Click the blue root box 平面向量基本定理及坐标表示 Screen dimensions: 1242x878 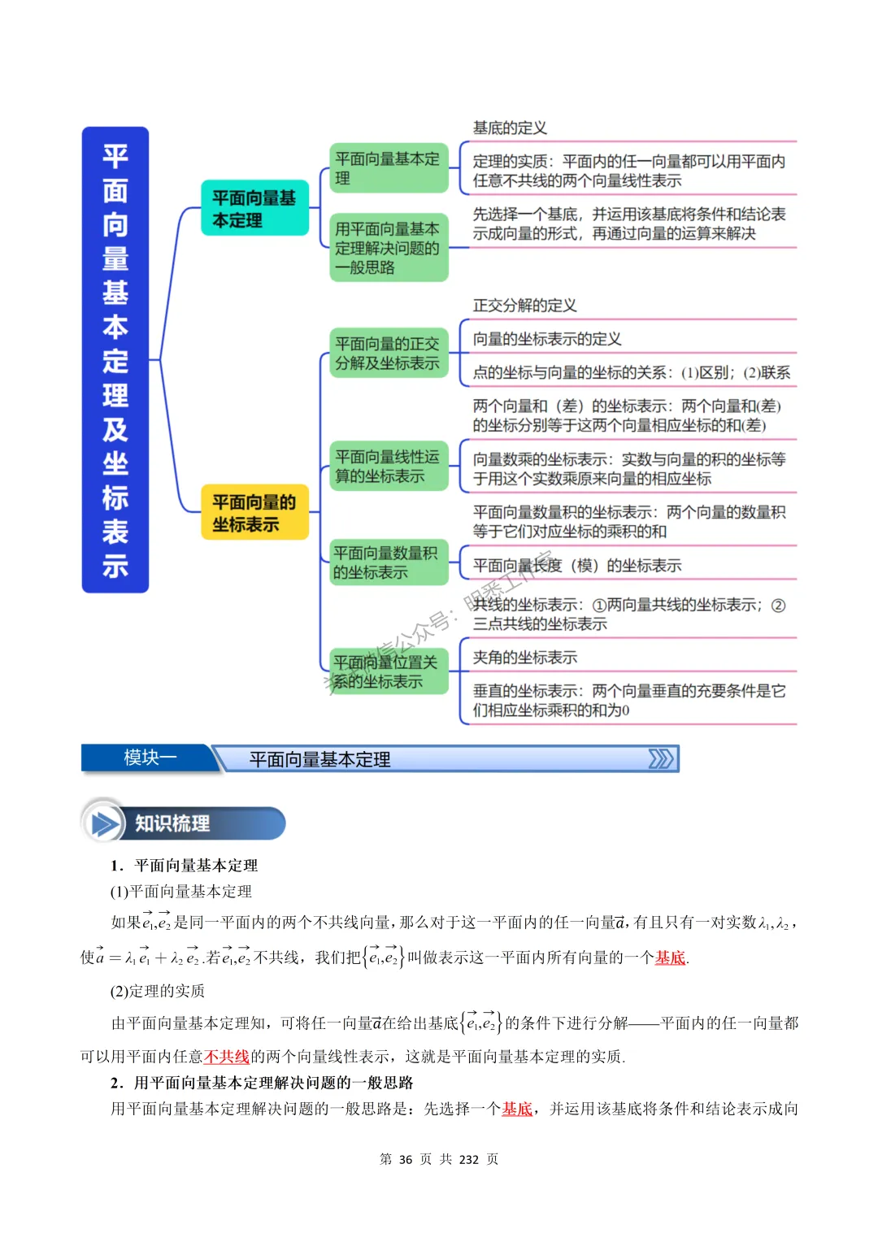tap(115, 359)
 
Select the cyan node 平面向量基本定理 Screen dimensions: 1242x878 tap(254, 208)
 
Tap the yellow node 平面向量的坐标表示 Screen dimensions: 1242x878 tap(254, 513)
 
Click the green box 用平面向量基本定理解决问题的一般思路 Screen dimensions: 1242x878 tap(389, 248)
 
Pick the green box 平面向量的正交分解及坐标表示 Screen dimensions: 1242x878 tap(389, 354)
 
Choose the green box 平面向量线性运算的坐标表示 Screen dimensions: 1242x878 tap(389, 466)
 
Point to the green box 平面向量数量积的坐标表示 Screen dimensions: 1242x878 tap(387, 562)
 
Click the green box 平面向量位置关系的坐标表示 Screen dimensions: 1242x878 tap(387, 671)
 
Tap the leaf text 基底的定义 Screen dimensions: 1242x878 tap(510, 128)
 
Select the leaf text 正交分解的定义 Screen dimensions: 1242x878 tap(524, 305)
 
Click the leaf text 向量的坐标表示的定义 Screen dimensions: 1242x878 tap(546, 339)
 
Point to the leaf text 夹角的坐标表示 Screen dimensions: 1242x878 tap(524, 657)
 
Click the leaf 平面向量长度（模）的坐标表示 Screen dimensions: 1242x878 tap(576, 565)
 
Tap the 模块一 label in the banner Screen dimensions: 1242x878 tap(150, 758)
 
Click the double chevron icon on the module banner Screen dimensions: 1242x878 tap(660, 758)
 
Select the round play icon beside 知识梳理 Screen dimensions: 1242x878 tap(105, 823)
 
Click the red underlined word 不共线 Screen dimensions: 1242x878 tap(227, 1056)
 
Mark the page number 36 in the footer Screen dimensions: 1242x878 tap(406, 1159)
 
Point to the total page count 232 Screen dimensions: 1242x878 tap(469, 1159)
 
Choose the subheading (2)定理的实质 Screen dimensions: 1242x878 tap(158, 990)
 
